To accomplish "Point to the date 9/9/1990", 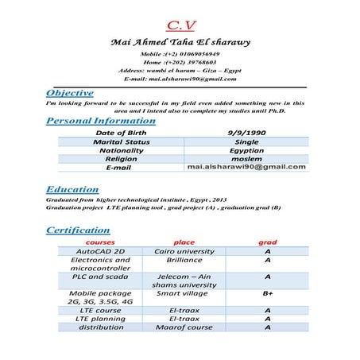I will click(246, 133).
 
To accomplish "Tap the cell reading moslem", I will click(246, 159).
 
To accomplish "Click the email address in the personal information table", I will click(246, 168).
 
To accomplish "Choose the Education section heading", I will click(72, 190).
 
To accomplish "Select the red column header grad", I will click(268, 242).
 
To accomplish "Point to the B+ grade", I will click(268, 293).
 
